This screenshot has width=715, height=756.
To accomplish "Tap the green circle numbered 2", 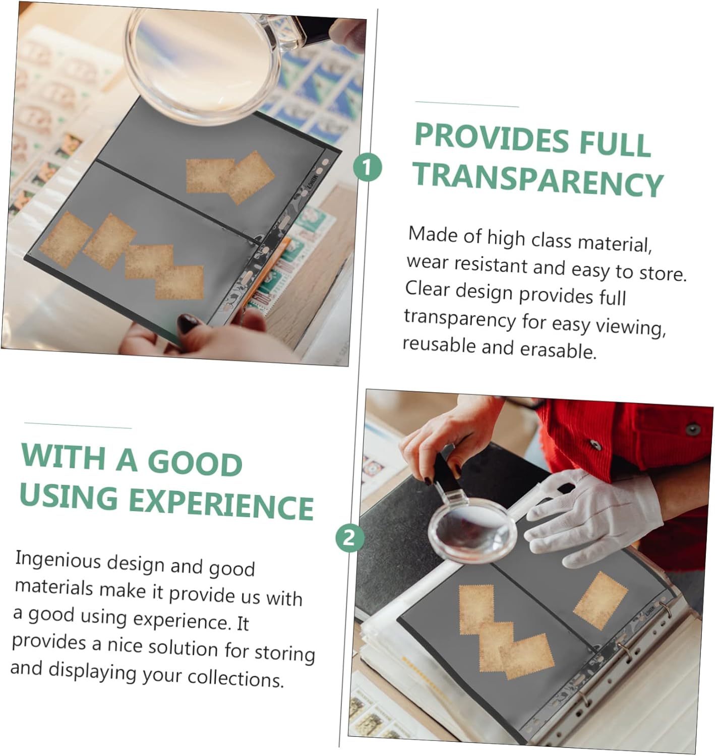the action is [350, 537].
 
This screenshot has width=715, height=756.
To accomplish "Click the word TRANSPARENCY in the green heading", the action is [538, 179].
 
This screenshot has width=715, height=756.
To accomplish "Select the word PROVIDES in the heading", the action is [492, 138].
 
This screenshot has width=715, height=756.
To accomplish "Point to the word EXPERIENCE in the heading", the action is [221, 502].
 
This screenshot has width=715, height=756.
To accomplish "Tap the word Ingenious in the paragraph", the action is [58, 561].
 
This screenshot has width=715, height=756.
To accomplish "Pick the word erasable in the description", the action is [558, 349].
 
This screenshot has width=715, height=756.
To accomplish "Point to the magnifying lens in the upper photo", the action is [202, 64].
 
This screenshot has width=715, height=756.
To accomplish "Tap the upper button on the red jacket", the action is [693, 428].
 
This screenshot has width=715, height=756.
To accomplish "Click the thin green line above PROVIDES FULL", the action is [467, 104].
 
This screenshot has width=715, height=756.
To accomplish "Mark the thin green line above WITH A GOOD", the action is [78, 425].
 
